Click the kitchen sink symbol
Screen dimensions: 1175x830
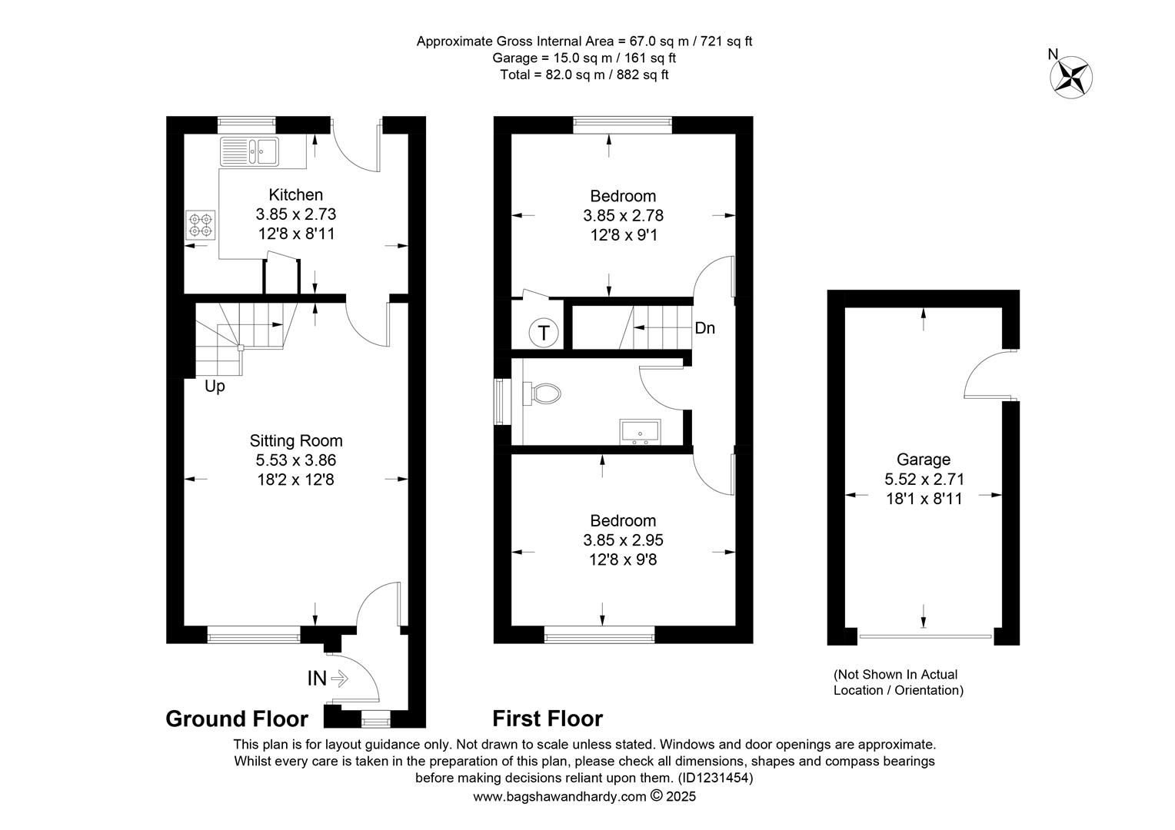tap(250, 151)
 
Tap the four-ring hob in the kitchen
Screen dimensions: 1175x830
tap(201, 225)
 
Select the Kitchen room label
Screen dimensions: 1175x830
tap(296, 195)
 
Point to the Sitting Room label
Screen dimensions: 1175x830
tap(296, 440)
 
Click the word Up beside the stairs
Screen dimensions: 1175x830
tap(215, 387)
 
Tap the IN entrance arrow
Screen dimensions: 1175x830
tap(340, 679)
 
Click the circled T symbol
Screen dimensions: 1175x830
tap(544, 333)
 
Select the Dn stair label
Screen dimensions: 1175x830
tap(705, 327)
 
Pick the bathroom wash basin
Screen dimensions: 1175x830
tap(640, 431)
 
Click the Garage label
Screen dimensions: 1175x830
tap(924, 460)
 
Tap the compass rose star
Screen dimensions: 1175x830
tap(1071, 77)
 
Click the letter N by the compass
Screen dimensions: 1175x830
tap(1053, 54)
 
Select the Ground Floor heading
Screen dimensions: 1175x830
tap(237, 719)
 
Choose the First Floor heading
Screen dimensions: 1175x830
tap(548, 719)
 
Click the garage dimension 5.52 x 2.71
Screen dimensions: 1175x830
tap(924, 480)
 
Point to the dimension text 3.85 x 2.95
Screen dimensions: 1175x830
tap(623, 540)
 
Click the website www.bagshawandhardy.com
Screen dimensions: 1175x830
tap(560, 797)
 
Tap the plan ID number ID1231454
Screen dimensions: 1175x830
tap(715, 778)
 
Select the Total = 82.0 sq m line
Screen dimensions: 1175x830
tap(584, 75)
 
